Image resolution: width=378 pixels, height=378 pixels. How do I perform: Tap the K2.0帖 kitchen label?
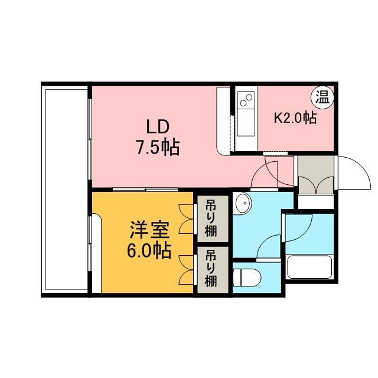point(295,118)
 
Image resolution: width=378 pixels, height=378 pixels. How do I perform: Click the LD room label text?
point(158,126)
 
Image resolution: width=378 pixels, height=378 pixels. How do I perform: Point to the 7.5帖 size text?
point(158,147)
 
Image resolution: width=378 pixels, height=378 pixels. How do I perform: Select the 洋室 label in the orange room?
point(149,230)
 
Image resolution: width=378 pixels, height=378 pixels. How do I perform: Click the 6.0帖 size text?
point(149,250)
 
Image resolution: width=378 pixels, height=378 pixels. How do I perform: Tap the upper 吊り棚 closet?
point(213,219)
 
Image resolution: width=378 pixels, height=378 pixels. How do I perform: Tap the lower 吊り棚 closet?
point(213,270)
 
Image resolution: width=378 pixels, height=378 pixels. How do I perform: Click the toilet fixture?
point(247,278)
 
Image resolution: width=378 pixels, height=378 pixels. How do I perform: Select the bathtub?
point(310,267)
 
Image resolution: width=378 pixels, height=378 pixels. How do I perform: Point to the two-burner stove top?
point(246,99)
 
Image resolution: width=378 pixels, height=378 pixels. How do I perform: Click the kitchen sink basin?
point(246,122)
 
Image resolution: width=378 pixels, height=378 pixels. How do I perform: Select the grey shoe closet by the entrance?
point(316,175)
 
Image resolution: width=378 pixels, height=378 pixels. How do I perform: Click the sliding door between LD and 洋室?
point(145,190)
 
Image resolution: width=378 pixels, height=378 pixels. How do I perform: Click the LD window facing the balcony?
point(90,139)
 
